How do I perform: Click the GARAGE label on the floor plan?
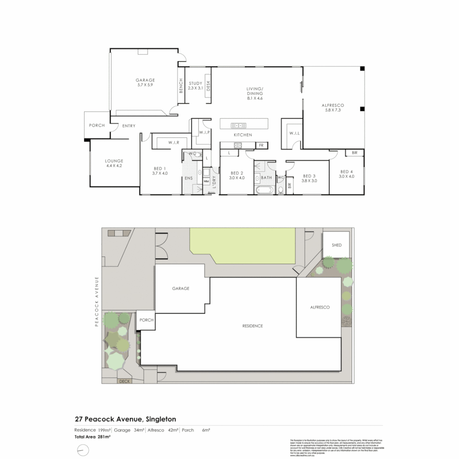145,80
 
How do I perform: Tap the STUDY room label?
195,83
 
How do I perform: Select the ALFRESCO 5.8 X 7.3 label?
333,105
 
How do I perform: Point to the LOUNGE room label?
114,161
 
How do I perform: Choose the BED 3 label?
309,176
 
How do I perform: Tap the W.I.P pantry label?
199,133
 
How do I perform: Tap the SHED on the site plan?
337,245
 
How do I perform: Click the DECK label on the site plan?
125,381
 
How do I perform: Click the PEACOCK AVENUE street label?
97,301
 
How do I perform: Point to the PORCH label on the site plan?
146,320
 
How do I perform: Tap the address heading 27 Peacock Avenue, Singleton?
125,419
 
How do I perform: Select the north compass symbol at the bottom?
83,450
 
